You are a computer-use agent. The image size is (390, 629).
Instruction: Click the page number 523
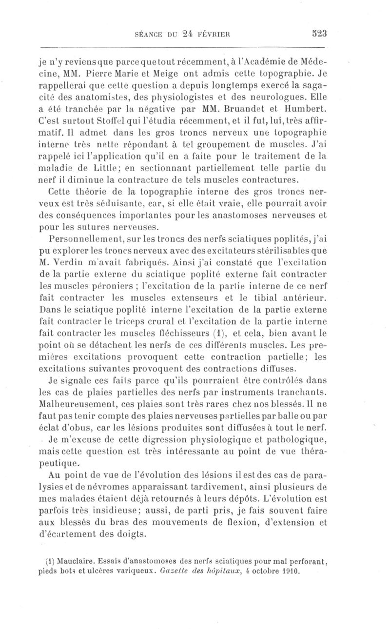tap(316, 34)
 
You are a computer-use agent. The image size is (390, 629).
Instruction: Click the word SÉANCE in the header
tap(149, 35)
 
